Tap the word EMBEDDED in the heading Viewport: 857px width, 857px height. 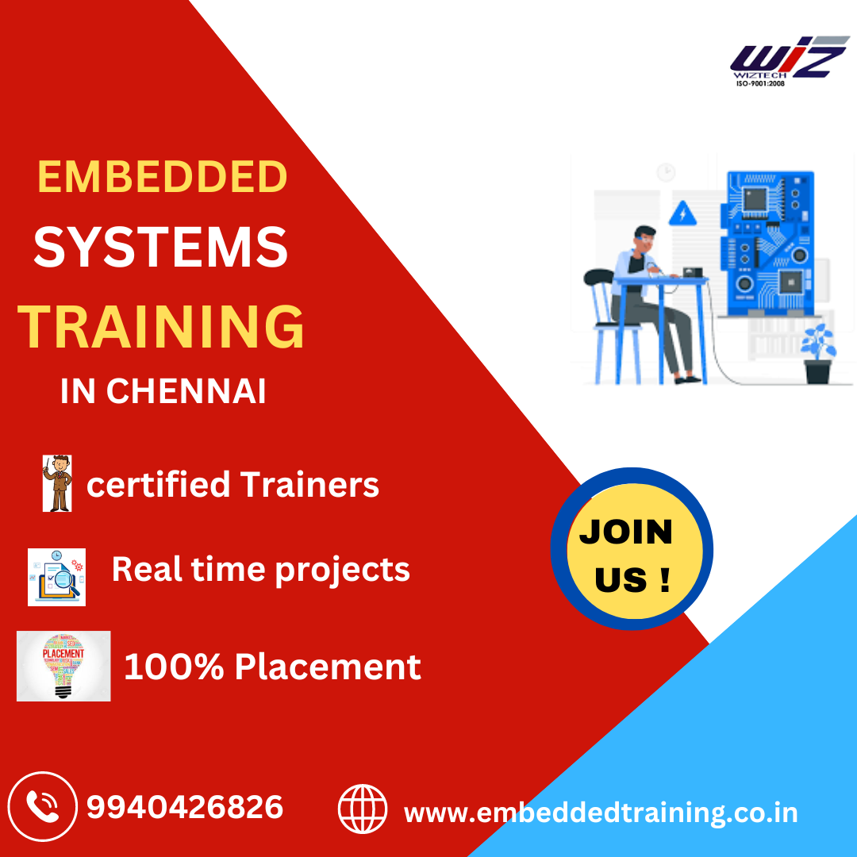(162, 177)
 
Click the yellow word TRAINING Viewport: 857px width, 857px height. (161, 327)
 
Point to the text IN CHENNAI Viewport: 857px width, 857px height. (163, 391)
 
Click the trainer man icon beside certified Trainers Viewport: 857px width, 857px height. (57, 482)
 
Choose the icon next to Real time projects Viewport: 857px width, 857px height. (56, 577)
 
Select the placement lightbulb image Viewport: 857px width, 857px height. (63, 666)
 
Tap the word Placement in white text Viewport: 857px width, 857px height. (328, 667)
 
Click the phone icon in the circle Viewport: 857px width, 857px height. (42, 808)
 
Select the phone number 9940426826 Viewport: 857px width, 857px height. (184, 808)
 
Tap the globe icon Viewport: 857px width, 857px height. (363, 809)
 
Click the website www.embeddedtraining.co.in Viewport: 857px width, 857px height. (601, 813)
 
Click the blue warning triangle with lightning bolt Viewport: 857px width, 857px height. (682, 214)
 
